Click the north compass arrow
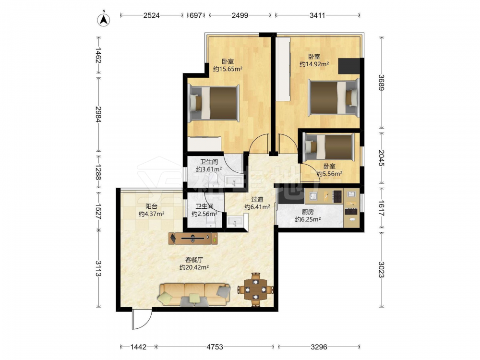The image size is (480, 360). (x=104, y=20)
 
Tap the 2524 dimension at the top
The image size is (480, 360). (x=152, y=15)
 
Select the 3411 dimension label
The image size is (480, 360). (x=317, y=15)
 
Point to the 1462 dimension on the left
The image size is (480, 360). (x=98, y=55)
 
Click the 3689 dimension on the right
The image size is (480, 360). (x=381, y=83)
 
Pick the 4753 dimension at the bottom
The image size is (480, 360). (x=215, y=347)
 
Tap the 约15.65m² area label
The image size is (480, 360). (x=228, y=69)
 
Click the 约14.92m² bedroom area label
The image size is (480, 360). (x=314, y=64)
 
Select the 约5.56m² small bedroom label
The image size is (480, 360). (x=329, y=174)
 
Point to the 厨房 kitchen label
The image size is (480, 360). (x=308, y=212)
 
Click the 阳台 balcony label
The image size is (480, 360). (x=151, y=206)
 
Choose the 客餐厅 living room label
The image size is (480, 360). (x=194, y=260)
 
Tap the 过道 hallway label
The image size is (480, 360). (x=257, y=199)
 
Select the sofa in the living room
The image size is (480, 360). (x=194, y=295)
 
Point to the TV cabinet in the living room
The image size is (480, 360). (x=193, y=239)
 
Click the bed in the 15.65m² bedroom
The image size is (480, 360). (x=214, y=103)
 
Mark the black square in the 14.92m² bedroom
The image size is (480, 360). (x=349, y=66)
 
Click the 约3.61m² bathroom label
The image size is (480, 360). (x=209, y=169)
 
